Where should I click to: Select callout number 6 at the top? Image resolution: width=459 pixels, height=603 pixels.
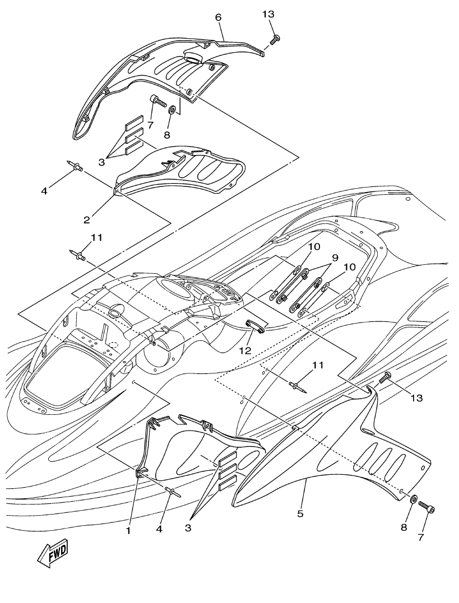coord(219,17)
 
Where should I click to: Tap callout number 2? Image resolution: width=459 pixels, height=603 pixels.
coord(87,219)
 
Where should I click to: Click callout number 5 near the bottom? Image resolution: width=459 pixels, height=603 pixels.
coord(300,513)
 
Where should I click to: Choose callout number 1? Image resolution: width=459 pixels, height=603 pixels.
coord(128,531)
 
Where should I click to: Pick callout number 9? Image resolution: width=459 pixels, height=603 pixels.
coord(335,258)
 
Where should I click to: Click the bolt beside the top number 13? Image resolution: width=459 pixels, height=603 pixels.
coord(275,39)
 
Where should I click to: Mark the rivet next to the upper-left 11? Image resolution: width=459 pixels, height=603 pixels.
coord(77,254)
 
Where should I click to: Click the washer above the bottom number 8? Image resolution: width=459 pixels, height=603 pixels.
coord(413,499)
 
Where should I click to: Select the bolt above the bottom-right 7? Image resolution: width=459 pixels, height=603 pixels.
coord(426,507)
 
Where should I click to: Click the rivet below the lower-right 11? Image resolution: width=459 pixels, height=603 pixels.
coord(298,386)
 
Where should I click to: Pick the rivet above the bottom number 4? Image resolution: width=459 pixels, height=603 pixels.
coord(171,490)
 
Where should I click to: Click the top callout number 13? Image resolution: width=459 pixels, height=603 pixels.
coord(268,14)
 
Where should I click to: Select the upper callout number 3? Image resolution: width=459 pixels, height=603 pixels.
coord(101,162)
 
